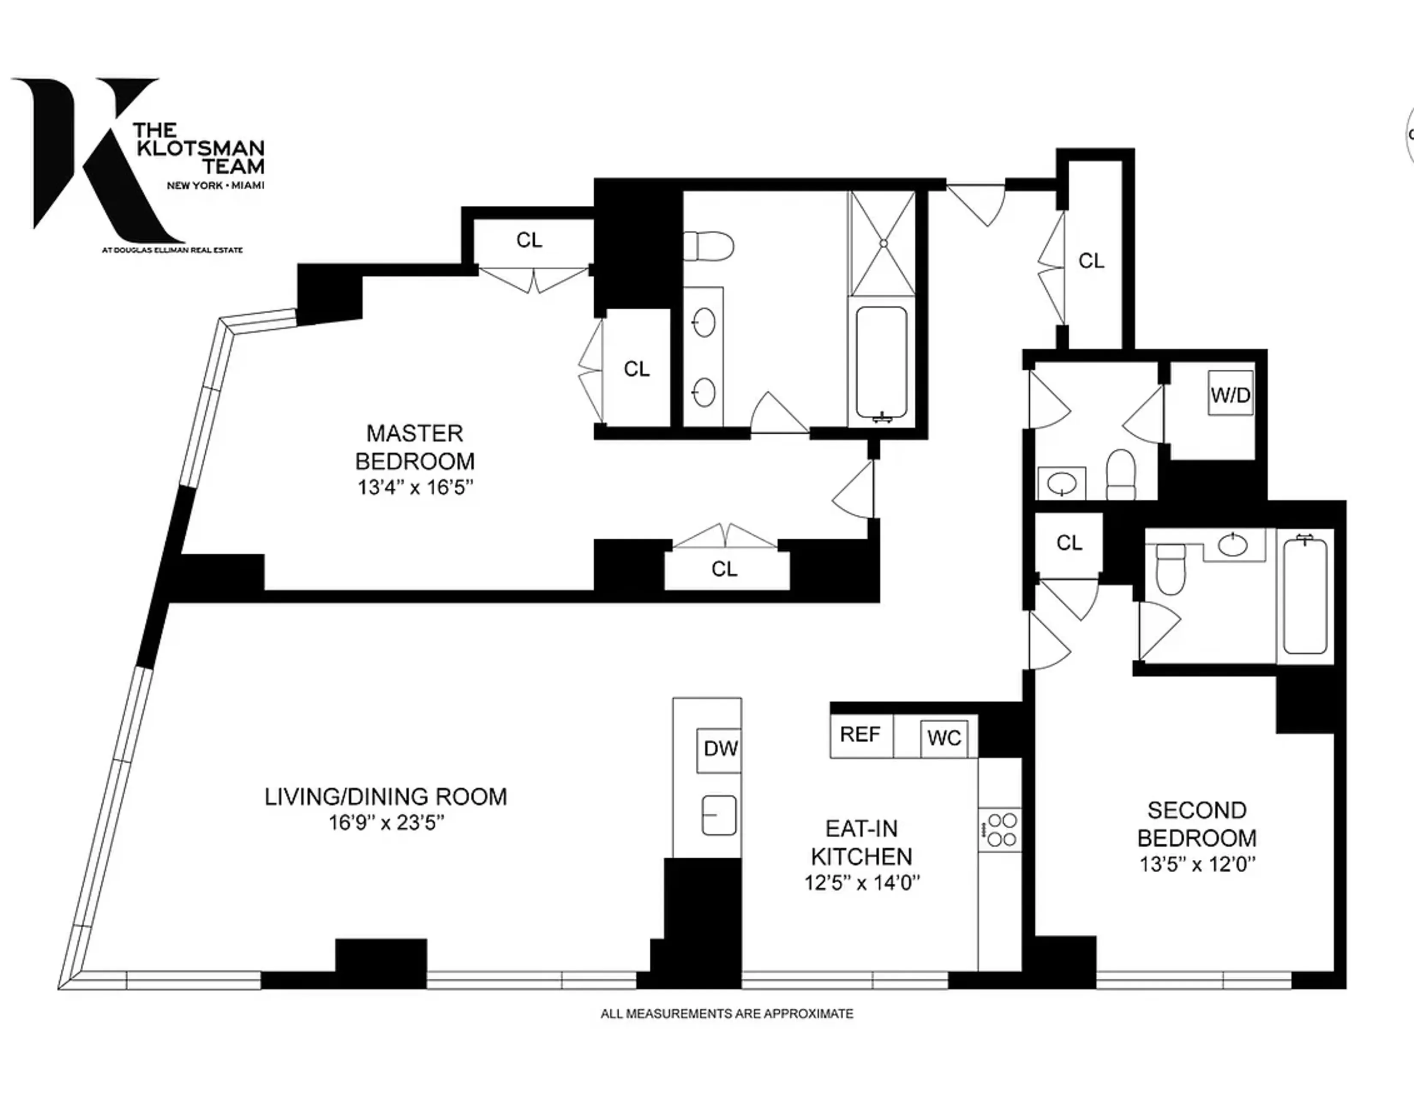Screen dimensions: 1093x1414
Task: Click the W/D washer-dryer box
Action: click(x=1230, y=394)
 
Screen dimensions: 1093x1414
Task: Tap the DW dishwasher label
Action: click(x=720, y=749)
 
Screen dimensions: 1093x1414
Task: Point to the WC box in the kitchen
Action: click(x=944, y=738)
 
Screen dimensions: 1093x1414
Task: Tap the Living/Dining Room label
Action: click(x=386, y=796)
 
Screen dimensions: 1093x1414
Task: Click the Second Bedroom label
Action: click(x=1196, y=824)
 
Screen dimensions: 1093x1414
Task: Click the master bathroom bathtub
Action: click(x=881, y=363)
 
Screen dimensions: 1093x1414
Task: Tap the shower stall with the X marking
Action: click(x=882, y=243)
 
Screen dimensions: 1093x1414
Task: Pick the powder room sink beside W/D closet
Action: click(x=1062, y=482)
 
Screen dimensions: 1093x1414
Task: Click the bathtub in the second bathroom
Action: click(x=1305, y=596)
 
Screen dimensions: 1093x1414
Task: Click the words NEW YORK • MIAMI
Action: click(x=216, y=185)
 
